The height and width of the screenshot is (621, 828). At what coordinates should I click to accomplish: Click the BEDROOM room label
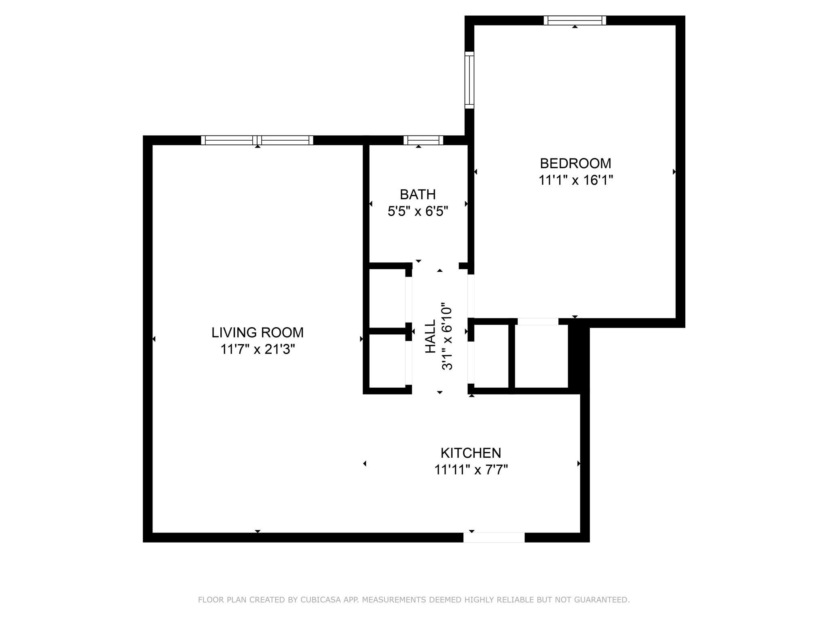pos(575,163)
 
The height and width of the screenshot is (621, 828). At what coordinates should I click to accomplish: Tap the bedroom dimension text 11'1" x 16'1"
pos(575,180)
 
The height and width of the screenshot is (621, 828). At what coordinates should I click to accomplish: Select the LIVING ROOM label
pos(257,332)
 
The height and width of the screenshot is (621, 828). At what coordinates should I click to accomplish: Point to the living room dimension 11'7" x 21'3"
pos(257,349)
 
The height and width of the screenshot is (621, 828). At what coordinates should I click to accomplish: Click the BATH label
pos(418,194)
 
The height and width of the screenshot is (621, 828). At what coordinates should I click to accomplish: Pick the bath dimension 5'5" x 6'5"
pos(418,211)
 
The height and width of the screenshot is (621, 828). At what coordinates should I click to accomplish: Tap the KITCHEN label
pos(471,453)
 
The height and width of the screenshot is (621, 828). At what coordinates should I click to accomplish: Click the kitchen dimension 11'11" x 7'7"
pos(471,470)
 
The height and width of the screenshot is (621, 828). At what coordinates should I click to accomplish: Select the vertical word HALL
pos(431,336)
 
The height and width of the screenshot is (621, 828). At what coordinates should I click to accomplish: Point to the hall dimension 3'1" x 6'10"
pos(447,336)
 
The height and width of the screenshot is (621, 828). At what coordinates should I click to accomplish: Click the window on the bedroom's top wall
pos(575,20)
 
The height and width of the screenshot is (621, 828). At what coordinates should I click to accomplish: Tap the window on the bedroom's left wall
pos(469,80)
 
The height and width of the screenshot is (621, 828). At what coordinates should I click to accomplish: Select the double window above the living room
pos(257,140)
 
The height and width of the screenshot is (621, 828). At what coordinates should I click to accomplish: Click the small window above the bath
pos(423,140)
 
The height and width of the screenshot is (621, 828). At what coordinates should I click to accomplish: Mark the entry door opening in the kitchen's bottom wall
pos(494,537)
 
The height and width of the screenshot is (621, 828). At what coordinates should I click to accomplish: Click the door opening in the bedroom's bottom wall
pos(538,322)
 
